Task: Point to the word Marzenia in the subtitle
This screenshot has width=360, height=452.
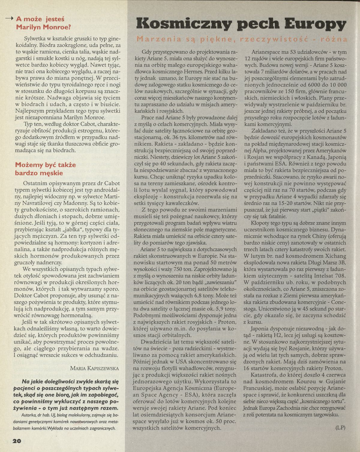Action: click(x=156, y=39)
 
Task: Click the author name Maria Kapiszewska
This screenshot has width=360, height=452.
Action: click(x=94, y=368)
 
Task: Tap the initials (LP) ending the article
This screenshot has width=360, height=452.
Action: click(x=340, y=427)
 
